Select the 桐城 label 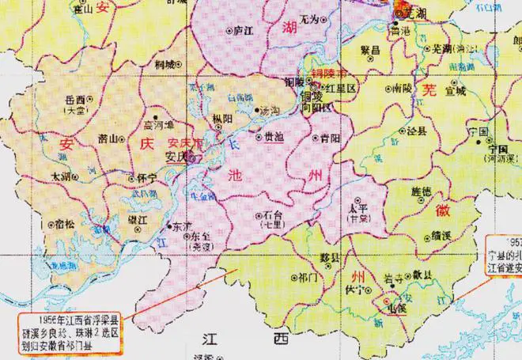165,63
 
